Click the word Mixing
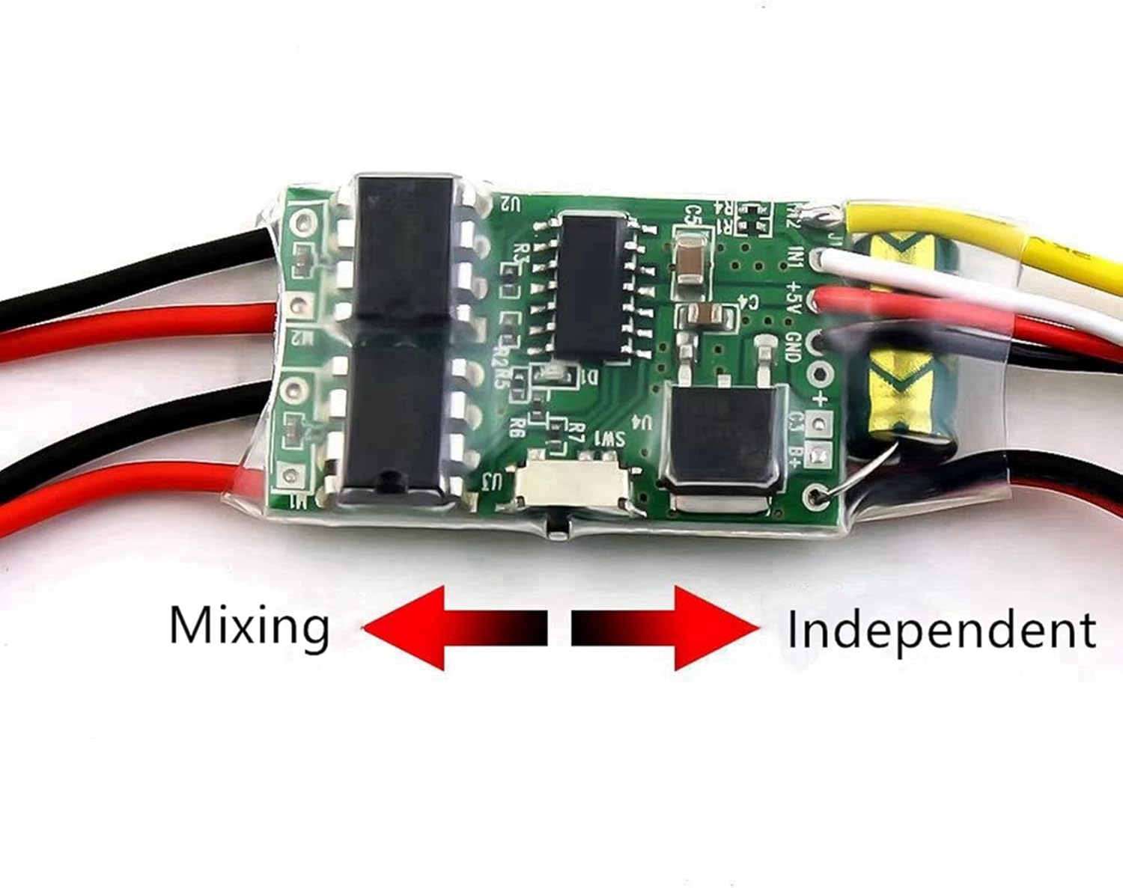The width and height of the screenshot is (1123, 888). point(249,627)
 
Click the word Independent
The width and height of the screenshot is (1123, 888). point(941,631)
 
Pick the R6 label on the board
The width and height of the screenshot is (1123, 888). point(515,427)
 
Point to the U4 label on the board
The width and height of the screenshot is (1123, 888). point(646,423)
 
